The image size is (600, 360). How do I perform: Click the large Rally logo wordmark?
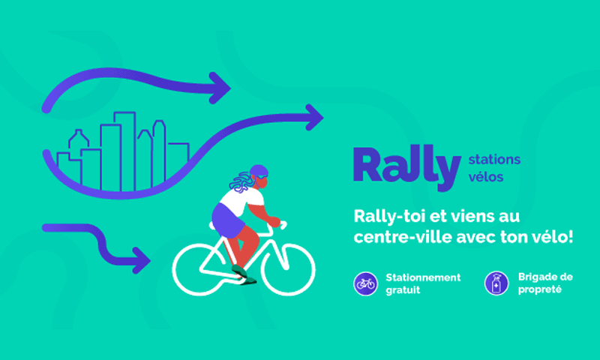pyautogui.click(x=406, y=167)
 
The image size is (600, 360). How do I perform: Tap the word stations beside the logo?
pyautogui.click(x=494, y=160)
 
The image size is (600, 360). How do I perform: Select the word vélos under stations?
pyautogui.click(x=485, y=177)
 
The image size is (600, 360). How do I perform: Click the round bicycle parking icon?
pyautogui.click(x=365, y=283)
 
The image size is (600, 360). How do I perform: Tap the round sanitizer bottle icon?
pyautogui.click(x=496, y=283)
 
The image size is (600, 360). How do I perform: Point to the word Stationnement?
pyautogui.click(x=423, y=277)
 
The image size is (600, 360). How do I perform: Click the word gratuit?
pyautogui.click(x=403, y=290)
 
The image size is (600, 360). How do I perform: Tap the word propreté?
pyautogui.click(x=540, y=289)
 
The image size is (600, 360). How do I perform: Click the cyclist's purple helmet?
pyautogui.click(x=259, y=171)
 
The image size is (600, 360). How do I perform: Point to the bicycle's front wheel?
pyautogui.click(x=288, y=269)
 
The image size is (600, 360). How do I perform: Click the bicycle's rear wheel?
pyautogui.click(x=199, y=270)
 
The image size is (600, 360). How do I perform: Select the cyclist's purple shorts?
pyautogui.click(x=228, y=220)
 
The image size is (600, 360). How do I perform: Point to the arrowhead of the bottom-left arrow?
pyautogui.click(x=141, y=260)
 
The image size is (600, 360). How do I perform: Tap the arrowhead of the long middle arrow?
pyautogui.click(x=314, y=118)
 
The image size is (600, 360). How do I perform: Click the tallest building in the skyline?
pyautogui.click(x=124, y=151)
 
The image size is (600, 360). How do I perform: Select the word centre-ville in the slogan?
pyautogui.click(x=403, y=237)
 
